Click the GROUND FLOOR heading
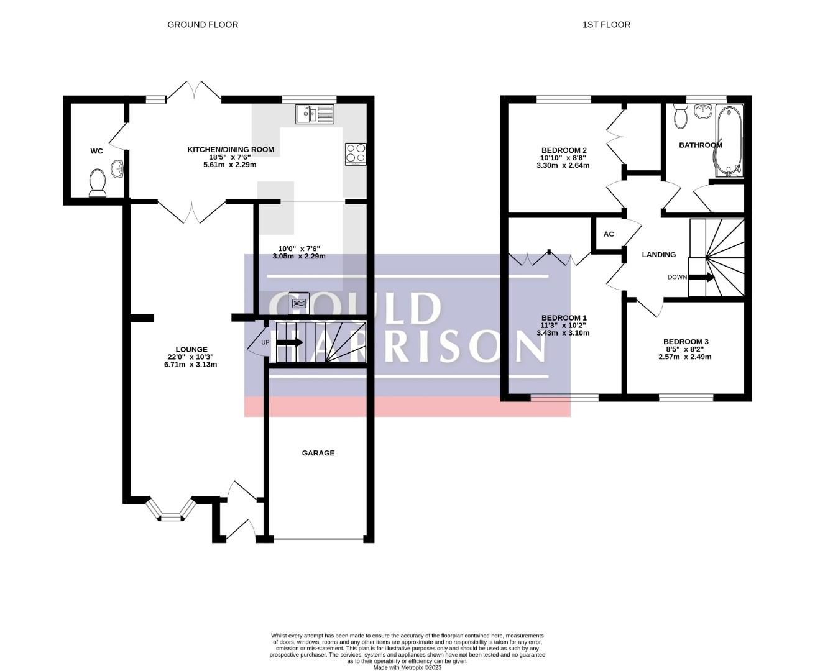coord(203,25)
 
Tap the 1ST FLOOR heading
coord(606,25)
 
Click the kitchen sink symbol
coord(315,114)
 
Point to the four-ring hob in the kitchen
coord(356,154)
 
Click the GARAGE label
coord(318,454)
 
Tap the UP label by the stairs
coord(265,342)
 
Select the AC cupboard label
coord(609,234)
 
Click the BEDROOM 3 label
coord(686,342)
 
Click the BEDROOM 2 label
coord(564,150)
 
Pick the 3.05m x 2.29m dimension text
coord(299,257)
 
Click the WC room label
coord(96,151)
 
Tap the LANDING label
coord(658,255)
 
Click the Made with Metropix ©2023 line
coord(407,667)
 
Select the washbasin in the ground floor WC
coord(117,168)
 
